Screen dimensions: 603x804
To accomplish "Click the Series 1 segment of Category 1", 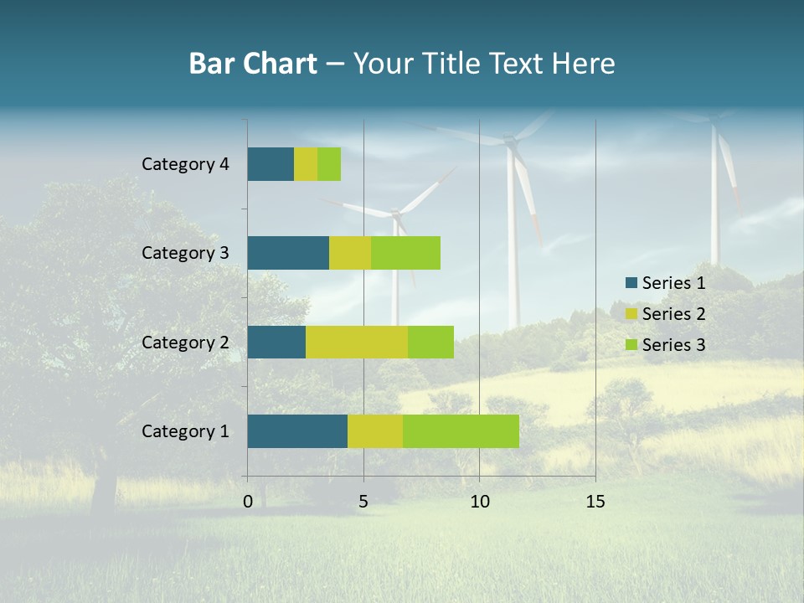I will tap(297, 431).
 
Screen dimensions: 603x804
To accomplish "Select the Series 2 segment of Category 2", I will tap(357, 342).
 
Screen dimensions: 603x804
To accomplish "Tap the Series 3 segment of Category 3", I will tap(405, 253).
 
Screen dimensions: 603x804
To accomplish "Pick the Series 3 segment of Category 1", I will tap(461, 431).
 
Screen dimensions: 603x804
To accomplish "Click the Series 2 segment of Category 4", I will tap(306, 164).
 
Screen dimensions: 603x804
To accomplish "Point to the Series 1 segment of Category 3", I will tap(288, 253).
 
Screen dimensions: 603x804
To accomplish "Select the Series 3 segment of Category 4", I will tap(329, 164).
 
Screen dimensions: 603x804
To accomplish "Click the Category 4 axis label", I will tap(185, 164).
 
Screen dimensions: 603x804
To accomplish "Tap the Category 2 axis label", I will tap(185, 342).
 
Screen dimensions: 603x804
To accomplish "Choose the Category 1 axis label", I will tap(185, 431).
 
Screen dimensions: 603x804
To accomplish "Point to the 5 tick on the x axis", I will tap(363, 502).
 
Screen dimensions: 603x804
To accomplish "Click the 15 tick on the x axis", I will tap(595, 502).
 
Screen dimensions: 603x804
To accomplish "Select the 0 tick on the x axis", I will tap(248, 502).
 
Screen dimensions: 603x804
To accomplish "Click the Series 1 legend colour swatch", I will tap(631, 283).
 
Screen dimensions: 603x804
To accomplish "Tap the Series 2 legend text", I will tap(673, 314).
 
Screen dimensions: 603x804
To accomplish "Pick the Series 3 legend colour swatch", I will tap(631, 345).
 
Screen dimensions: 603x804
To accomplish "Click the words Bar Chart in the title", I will tap(253, 64).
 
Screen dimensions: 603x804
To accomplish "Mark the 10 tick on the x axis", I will tap(479, 502).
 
